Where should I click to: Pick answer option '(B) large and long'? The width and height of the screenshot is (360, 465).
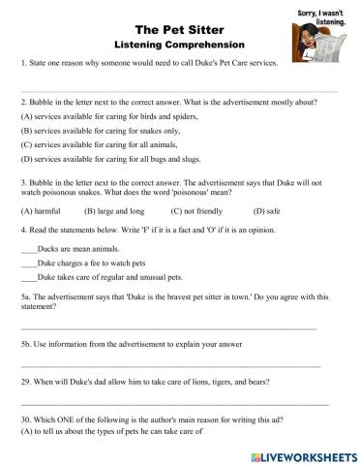tap(114, 209)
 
